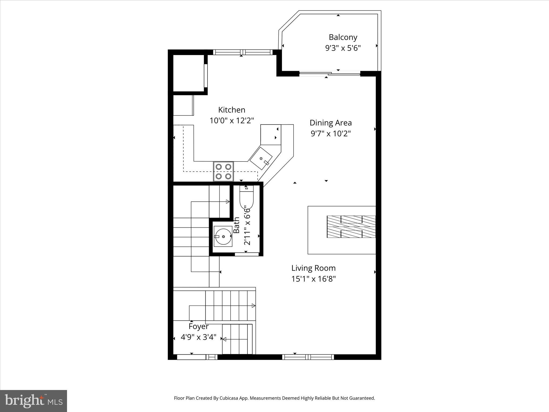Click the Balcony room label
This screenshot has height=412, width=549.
click(343, 37)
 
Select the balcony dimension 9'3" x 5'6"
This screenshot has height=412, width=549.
click(343, 48)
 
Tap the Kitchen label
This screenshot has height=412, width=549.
click(232, 110)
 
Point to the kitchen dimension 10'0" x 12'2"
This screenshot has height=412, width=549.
click(232, 121)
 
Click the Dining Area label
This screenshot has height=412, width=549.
click(331, 123)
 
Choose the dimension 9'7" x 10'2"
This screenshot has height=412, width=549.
click(331, 134)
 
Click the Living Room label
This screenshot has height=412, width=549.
click(313, 268)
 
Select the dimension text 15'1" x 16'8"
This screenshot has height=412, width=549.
click(313, 279)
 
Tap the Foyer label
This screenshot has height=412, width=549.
click(198, 326)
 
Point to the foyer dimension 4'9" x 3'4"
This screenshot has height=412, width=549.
click(198, 337)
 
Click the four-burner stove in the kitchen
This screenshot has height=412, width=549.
click(223, 171)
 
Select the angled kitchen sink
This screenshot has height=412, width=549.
click(261, 159)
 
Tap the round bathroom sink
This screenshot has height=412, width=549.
click(223, 236)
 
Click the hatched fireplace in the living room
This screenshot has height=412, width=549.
click(351, 227)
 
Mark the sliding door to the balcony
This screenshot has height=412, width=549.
click(329, 73)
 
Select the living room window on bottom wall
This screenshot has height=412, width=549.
click(308, 357)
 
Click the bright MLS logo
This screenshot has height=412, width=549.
click(34, 401)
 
